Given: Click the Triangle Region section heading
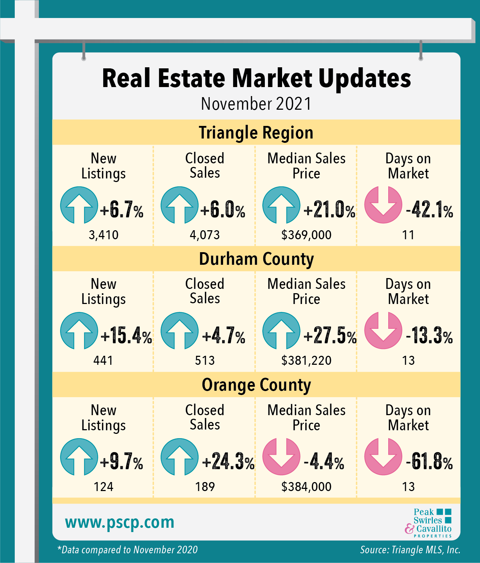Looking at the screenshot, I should (256, 133).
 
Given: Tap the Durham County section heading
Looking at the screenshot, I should (256, 259).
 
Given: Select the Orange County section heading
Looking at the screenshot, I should (256, 385).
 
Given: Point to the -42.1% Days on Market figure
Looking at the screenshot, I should (429, 209).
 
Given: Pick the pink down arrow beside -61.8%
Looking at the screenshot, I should (383, 457).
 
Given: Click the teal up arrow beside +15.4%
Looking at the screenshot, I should (79, 331).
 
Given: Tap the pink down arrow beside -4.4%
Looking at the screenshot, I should (281, 457).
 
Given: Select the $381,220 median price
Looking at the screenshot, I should (306, 360).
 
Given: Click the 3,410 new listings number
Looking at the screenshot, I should (104, 235).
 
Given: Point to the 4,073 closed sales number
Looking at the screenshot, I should (205, 235).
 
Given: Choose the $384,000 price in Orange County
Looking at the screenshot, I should (306, 487).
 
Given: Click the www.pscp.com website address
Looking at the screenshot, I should (119, 522).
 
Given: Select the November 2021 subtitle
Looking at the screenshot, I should (256, 104).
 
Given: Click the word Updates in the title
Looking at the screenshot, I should (364, 78).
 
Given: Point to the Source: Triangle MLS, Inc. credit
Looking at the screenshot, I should (410, 550).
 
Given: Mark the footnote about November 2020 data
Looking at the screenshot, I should (128, 550).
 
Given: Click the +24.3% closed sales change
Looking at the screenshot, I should (228, 462).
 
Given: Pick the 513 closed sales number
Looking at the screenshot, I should (205, 360).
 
